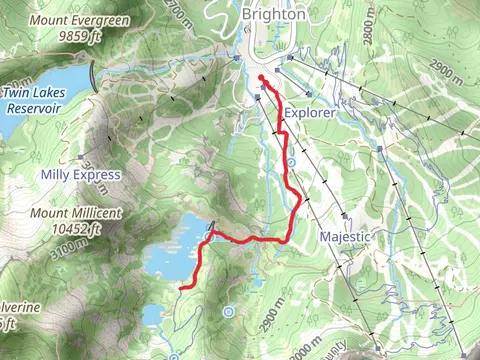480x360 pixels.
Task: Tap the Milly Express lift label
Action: [80, 175]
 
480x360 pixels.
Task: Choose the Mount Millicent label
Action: [75, 213]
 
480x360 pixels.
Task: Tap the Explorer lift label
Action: [309, 114]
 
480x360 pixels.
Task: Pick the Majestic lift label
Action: [345, 237]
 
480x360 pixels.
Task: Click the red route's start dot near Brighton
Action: [260, 78]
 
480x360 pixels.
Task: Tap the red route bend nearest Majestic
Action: [299, 200]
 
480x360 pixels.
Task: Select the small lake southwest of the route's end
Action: [153, 315]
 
